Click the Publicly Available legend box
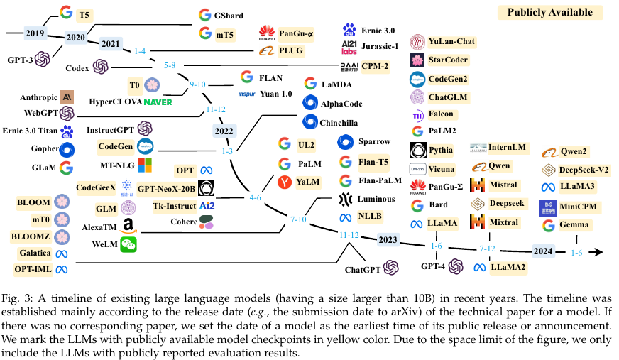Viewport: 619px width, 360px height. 549,13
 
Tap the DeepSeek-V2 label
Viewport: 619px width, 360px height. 586,170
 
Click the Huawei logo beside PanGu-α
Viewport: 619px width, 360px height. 267,33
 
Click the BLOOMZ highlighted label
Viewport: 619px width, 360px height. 35,236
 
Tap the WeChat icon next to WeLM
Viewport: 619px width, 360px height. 128,245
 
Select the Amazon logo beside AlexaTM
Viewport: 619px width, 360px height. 128,227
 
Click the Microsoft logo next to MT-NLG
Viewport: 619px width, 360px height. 145,165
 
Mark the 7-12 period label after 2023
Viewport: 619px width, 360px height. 488,249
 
